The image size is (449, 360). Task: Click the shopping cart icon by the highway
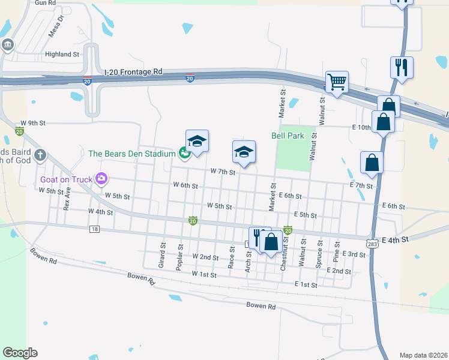coord(337,81)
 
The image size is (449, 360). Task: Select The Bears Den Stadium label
coord(131,154)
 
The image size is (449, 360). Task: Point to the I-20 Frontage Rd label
coord(133,71)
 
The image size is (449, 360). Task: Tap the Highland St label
coord(62,54)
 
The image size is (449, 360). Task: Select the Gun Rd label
coord(45,3)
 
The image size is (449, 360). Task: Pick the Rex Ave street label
coord(67,197)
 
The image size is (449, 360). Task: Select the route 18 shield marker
coord(94,229)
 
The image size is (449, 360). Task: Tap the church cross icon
coord(40,155)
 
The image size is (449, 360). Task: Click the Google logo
coord(20,353)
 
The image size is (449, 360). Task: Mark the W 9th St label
coord(33,123)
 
